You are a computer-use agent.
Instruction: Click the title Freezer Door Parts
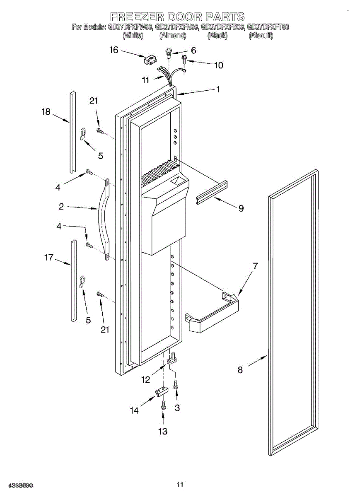click(177, 17)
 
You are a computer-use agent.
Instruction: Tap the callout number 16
click(114, 50)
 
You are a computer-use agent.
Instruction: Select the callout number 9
click(240, 208)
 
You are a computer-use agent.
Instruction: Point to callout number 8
click(240, 370)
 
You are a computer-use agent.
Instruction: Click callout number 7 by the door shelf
click(255, 266)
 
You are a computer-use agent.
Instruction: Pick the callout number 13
click(163, 431)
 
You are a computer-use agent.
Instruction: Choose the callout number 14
click(134, 410)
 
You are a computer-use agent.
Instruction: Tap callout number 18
click(46, 111)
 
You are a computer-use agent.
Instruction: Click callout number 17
click(49, 258)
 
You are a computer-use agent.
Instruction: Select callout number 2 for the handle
click(61, 206)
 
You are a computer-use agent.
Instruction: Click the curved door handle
click(102, 220)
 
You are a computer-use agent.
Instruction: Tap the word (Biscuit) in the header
click(261, 36)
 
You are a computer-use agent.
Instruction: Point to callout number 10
click(218, 65)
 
